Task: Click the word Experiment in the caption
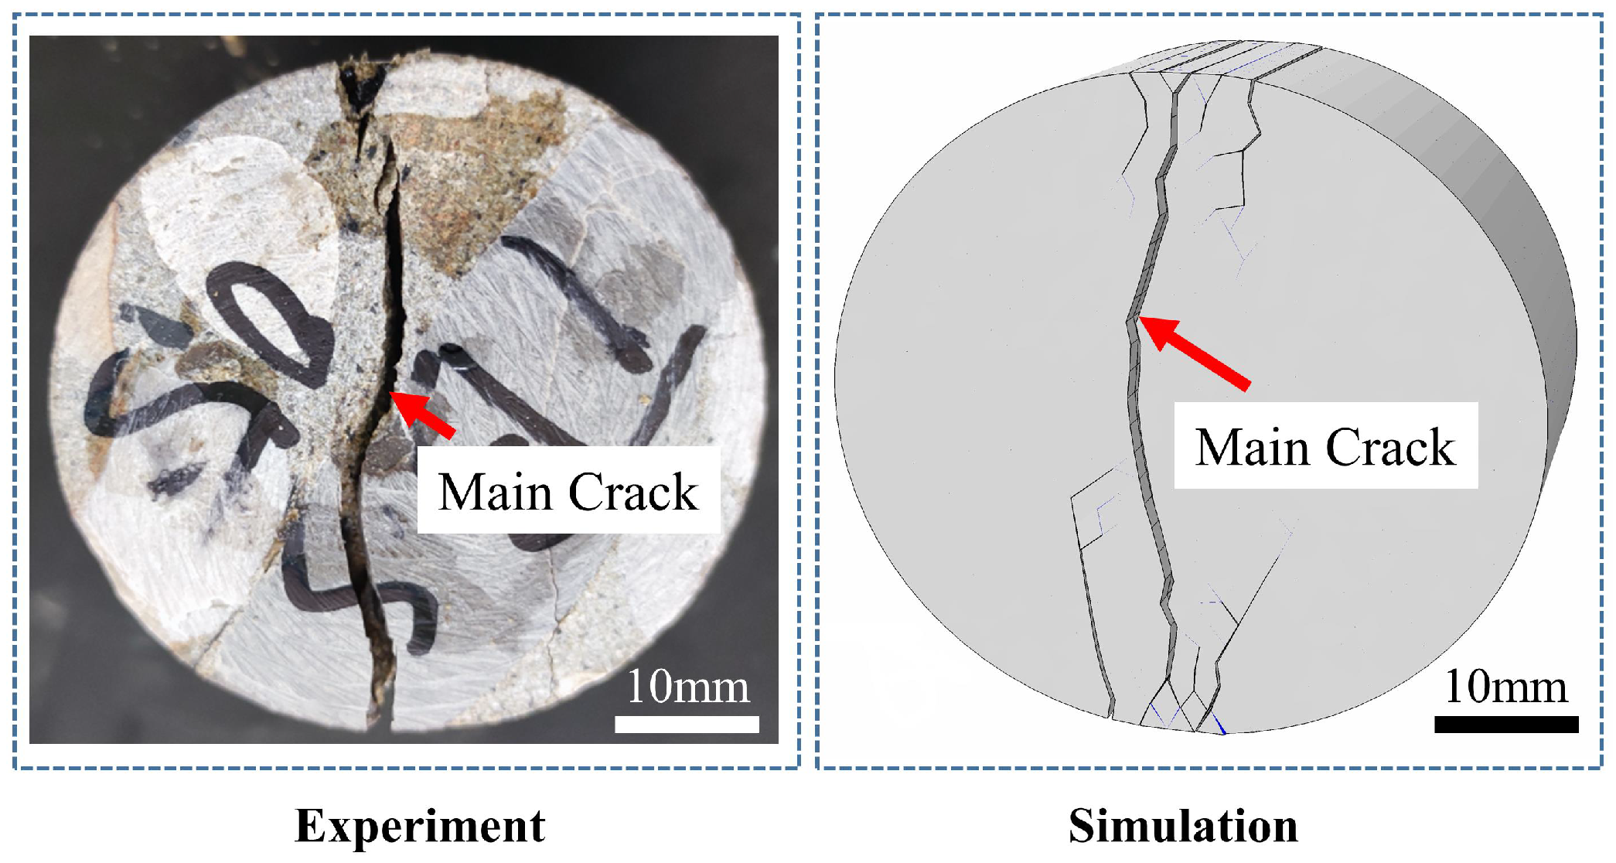click(x=420, y=826)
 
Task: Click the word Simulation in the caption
click(x=1183, y=826)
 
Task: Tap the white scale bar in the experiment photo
click(x=687, y=724)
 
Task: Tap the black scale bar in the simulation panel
click(x=1505, y=724)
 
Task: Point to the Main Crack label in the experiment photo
click(x=568, y=492)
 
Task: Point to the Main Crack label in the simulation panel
click(x=1325, y=447)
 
